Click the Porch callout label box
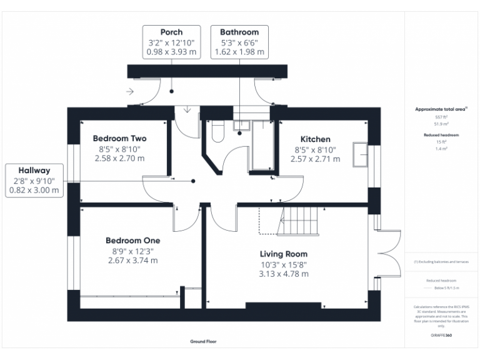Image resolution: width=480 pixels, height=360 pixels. (x=171, y=42)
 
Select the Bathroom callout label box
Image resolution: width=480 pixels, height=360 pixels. (x=239, y=42)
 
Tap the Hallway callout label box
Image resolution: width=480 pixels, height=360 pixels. (x=34, y=180)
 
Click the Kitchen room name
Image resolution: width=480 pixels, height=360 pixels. (x=316, y=139)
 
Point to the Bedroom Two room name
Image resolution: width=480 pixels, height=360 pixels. (x=119, y=139)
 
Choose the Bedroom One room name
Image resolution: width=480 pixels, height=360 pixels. (x=132, y=241)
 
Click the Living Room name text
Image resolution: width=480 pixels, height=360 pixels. (x=284, y=254)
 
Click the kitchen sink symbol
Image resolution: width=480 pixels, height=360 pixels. (x=361, y=155)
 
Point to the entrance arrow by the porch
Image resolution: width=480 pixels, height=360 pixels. (x=129, y=92)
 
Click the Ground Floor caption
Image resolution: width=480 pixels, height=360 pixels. (x=203, y=342)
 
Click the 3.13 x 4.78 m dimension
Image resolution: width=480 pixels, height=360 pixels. (x=284, y=274)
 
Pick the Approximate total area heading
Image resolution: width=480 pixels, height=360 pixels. (x=441, y=109)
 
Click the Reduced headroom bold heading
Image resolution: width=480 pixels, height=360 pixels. (x=441, y=135)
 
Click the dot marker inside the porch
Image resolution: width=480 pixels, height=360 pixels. (x=171, y=91)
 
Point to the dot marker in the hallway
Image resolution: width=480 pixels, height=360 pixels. (x=193, y=181)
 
